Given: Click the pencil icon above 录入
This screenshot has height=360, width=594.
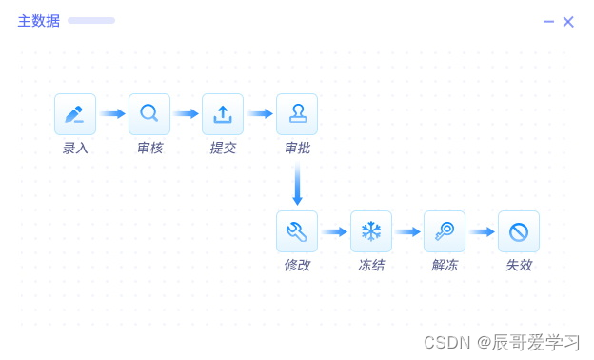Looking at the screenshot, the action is [x=75, y=114].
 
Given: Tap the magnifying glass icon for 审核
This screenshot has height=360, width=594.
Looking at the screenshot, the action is [x=149, y=114].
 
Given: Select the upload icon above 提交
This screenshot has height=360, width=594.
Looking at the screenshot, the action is [x=223, y=114].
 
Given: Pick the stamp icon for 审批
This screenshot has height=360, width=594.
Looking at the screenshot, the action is [x=297, y=114].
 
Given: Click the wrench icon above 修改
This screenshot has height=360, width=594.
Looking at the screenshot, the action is [x=297, y=231].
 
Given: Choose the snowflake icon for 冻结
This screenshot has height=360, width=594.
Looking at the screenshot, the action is [x=371, y=231].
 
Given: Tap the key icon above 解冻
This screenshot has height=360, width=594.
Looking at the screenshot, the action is [x=445, y=231].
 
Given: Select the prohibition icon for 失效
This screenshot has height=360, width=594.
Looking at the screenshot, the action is [x=519, y=231].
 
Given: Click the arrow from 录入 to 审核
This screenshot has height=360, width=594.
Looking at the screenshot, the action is [x=112, y=113].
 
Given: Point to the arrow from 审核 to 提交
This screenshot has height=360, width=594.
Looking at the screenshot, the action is [x=186, y=113].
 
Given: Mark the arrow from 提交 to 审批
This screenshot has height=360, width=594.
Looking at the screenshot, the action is [x=260, y=113].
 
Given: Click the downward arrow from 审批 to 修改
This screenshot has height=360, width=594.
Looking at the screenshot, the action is [x=297, y=184].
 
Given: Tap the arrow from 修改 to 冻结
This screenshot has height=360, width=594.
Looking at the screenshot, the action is [x=334, y=231].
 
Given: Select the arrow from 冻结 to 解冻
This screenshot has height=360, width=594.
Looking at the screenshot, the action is [x=408, y=231].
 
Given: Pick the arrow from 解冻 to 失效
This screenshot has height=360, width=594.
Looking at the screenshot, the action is [x=482, y=231].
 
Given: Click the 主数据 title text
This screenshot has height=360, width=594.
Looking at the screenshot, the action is [x=39, y=21].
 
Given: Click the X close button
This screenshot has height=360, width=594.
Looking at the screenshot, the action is [x=568, y=22].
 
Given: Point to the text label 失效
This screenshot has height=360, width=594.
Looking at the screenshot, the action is [x=519, y=265].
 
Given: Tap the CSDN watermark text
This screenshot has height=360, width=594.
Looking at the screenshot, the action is [x=447, y=343].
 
